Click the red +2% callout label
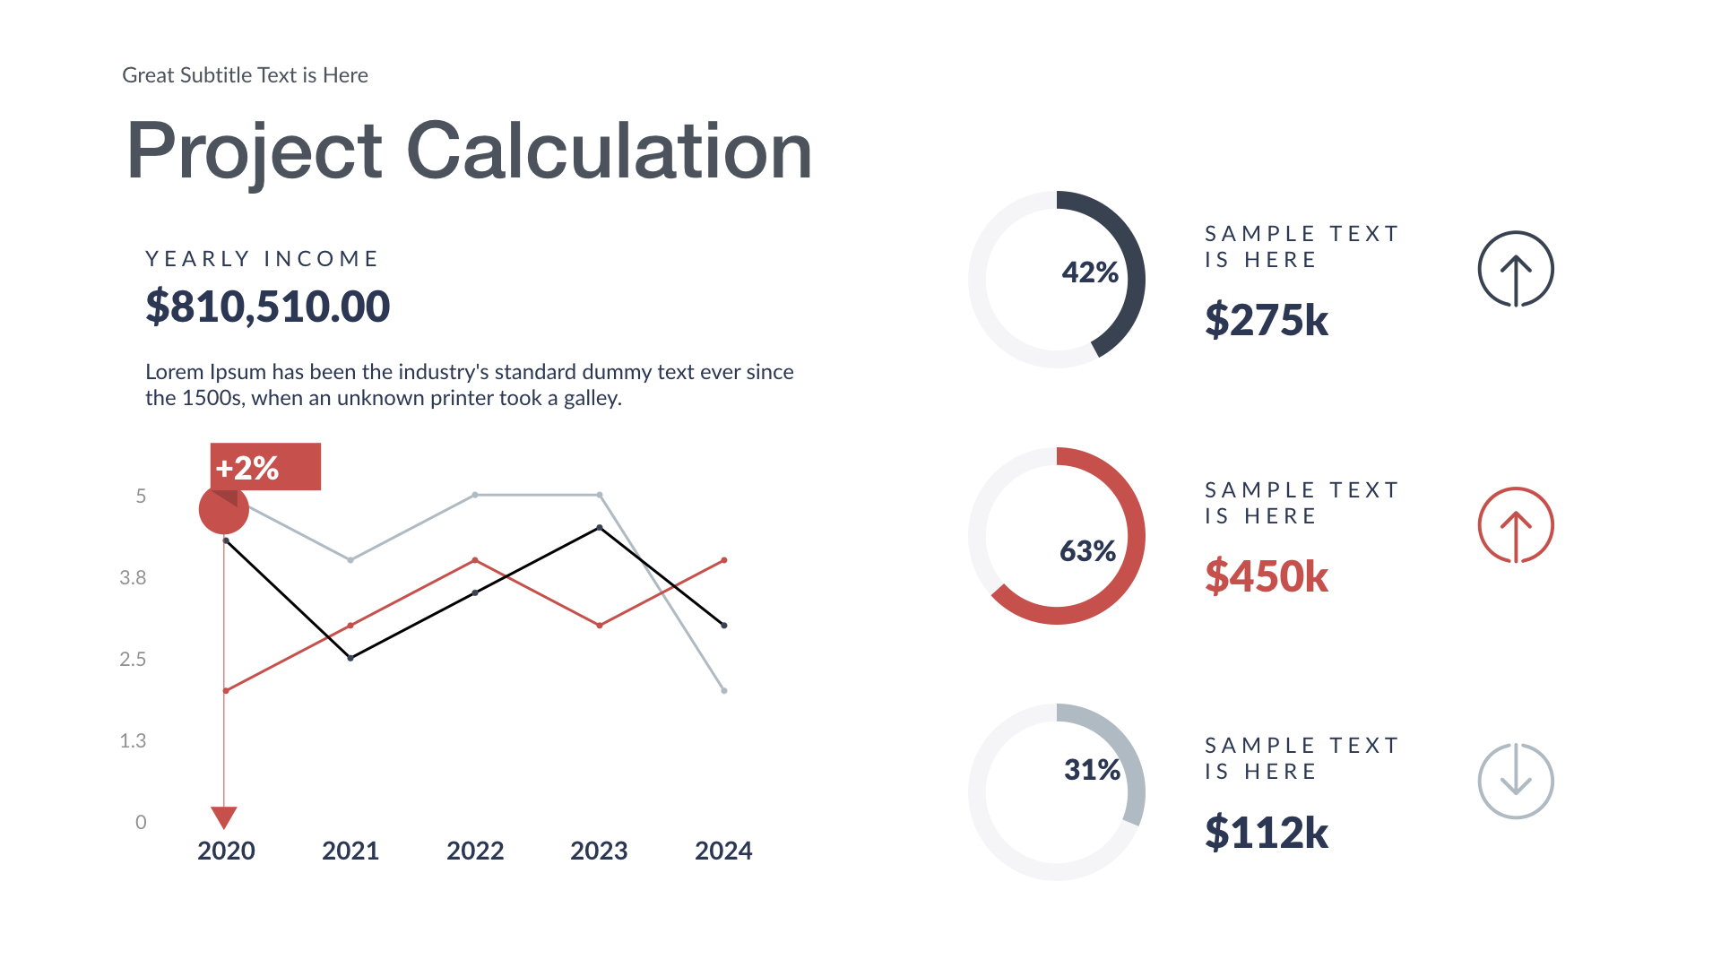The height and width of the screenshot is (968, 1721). (x=264, y=467)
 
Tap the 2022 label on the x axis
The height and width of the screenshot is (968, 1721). (x=475, y=851)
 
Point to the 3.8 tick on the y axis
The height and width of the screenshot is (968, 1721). (x=133, y=578)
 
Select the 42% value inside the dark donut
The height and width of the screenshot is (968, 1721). (x=1090, y=272)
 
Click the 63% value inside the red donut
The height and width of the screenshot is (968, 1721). (x=1087, y=550)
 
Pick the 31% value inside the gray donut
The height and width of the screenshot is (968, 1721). (x=1092, y=769)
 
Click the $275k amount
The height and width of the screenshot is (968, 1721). (x=1266, y=320)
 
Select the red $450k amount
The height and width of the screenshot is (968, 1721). (x=1266, y=576)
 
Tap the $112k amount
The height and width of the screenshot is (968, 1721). (x=1266, y=833)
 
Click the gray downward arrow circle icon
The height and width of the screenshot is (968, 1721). (x=1515, y=781)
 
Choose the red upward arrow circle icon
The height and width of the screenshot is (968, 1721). (x=1515, y=525)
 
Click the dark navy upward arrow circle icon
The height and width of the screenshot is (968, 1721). (x=1515, y=269)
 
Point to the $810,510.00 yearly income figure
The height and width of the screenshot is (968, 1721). (x=267, y=307)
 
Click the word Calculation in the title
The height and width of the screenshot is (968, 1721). (x=609, y=151)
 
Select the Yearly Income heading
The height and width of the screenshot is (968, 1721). (x=262, y=259)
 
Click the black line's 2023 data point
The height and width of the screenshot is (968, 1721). (x=600, y=528)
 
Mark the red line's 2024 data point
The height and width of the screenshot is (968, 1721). (x=724, y=560)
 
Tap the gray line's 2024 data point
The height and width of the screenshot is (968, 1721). (x=724, y=690)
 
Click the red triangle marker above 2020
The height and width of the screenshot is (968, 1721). (x=224, y=817)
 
